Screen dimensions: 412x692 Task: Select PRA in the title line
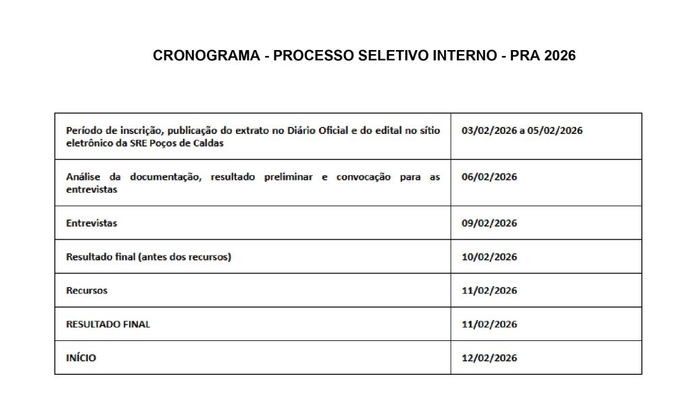(x=524, y=56)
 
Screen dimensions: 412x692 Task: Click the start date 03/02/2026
(x=487, y=131)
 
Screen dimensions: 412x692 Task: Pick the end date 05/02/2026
(x=556, y=131)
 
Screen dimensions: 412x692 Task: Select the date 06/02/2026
(x=489, y=177)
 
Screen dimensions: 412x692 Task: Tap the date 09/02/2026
(x=489, y=223)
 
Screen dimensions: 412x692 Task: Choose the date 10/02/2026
(x=489, y=257)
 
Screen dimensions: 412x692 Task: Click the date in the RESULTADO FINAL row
(x=489, y=324)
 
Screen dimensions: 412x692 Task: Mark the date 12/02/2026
(x=489, y=358)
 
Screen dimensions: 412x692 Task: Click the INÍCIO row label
(x=81, y=358)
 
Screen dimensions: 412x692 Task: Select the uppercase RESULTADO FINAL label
(x=108, y=324)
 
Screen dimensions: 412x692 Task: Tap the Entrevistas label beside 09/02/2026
(x=91, y=223)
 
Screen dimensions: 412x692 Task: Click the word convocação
(x=359, y=177)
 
